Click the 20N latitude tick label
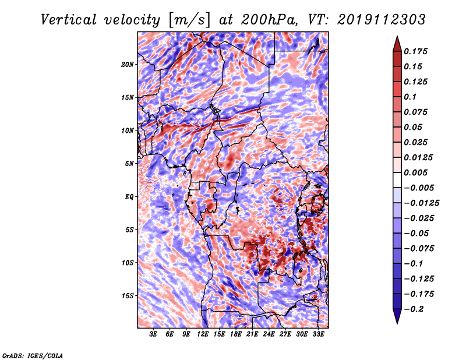click(x=128, y=65)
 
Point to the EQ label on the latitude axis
click(x=129, y=197)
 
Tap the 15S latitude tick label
click(x=128, y=296)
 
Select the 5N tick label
click(x=129, y=164)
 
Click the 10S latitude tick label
click(x=128, y=263)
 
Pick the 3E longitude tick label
click(x=153, y=334)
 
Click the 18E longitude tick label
click(x=236, y=334)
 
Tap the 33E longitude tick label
click(x=318, y=334)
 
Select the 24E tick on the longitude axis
click(x=269, y=334)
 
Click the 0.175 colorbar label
click(x=415, y=51)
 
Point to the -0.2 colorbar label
click(x=414, y=309)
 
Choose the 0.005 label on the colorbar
click(x=415, y=172)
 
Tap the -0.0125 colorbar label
click(x=421, y=203)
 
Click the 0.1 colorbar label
click(x=410, y=97)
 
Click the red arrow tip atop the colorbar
click(x=397, y=37)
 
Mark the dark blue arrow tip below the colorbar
click(x=397, y=323)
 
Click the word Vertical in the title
click(x=69, y=20)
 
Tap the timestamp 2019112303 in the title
click(x=382, y=20)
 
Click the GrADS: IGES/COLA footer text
click(x=33, y=355)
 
